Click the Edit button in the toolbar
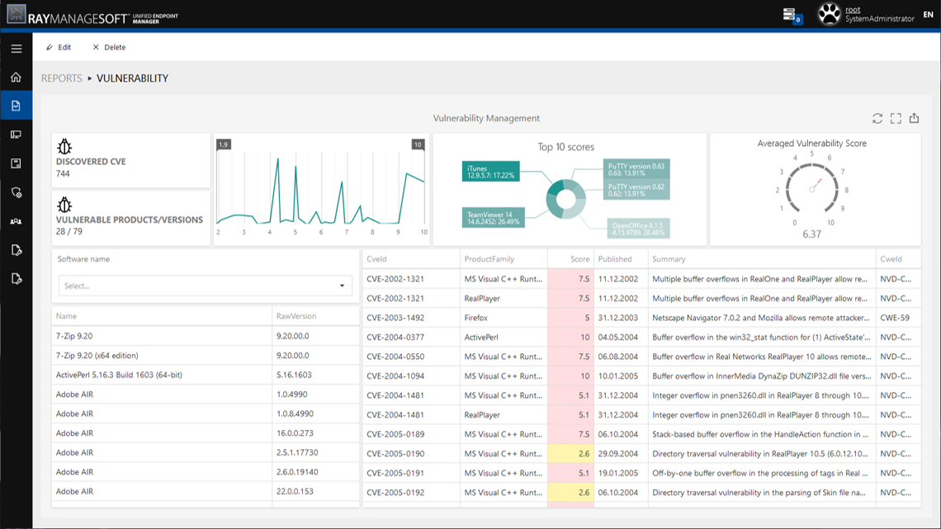(59, 47)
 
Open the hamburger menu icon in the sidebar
(16, 49)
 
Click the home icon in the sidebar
(16, 78)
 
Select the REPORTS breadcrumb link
(62, 78)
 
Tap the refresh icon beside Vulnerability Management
(877, 119)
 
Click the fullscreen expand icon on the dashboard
(896, 119)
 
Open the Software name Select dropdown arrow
(342, 286)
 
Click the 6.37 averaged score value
(811, 234)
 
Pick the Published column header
(615, 259)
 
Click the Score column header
(579, 259)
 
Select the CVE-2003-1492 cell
(395, 318)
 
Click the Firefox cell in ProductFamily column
(476, 318)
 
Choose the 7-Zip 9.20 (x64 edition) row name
(97, 356)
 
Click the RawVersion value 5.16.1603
(294, 375)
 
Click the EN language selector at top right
(928, 15)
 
